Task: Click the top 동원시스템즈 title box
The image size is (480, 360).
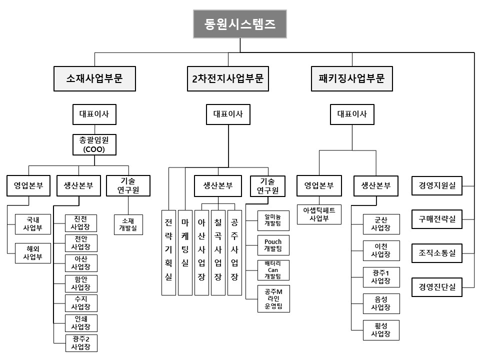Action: click(240, 24)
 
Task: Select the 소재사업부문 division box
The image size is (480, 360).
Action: click(94, 78)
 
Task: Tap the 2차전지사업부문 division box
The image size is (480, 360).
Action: click(228, 78)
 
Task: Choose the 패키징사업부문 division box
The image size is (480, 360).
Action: click(351, 78)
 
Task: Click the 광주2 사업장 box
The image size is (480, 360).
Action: click(81, 343)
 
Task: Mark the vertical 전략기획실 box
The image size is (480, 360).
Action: click(168, 252)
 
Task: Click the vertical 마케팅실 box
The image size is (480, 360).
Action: click(185, 252)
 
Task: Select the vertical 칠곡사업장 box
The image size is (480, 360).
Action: click(218, 252)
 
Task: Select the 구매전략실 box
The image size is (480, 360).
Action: click(436, 218)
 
